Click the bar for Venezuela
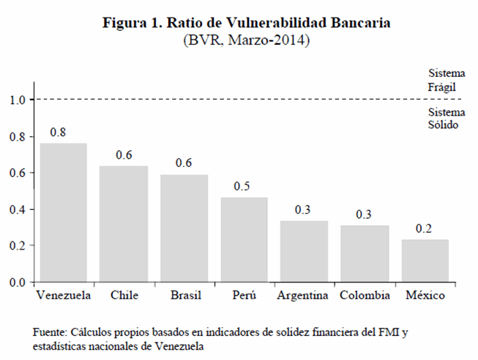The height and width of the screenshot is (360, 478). pyautogui.click(x=63, y=212)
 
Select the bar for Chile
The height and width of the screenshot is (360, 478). pyautogui.click(x=124, y=224)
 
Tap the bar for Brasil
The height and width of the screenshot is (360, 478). pyautogui.click(x=184, y=228)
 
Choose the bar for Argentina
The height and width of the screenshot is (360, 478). pyautogui.click(x=305, y=251)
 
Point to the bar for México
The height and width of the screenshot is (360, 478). pyautogui.click(x=425, y=260)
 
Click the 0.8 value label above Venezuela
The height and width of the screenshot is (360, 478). pyautogui.click(x=58, y=132)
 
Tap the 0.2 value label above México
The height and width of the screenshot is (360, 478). pyautogui.click(x=425, y=228)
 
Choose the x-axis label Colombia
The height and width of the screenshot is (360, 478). pyautogui.click(x=365, y=296)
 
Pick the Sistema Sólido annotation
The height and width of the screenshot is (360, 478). pyautogui.click(x=444, y=119)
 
